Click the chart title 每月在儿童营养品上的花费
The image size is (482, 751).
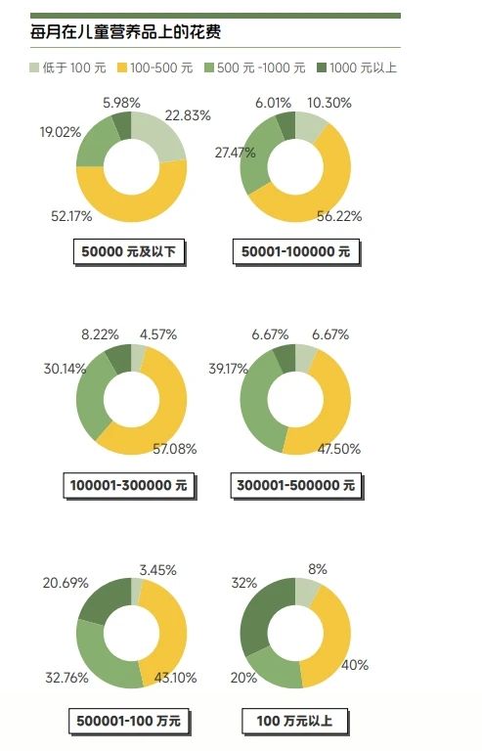click(125, 32)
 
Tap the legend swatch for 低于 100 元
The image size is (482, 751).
click(34, 67)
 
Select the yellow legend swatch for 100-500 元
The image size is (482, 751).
click(122, 67)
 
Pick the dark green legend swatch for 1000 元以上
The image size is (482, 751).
click(322, 67)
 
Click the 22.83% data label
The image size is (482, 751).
click(188, 115)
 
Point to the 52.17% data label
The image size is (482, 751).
click(71, 216)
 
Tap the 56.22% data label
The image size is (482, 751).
click(339, 216)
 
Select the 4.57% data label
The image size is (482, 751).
click(158, 334)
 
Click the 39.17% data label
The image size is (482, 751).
click(229, 369)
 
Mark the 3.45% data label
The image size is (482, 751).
click(158, 570)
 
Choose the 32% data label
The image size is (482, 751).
click(244, 583)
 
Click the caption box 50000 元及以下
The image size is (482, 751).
click(129, 251)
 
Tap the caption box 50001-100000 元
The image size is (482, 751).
click(296, 251)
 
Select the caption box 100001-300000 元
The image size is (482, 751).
click(129, 485)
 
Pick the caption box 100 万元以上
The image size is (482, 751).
click(294, 721)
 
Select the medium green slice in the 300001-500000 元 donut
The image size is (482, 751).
click(253, 407)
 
